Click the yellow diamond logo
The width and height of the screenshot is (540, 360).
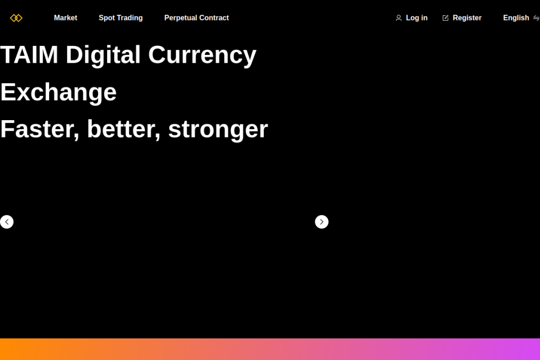(16, 18)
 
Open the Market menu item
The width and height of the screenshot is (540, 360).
(65, 18)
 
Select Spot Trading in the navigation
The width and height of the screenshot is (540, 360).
(121, 18)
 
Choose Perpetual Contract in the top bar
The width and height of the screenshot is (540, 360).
(196, 18)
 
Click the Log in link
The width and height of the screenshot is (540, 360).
(417, 18)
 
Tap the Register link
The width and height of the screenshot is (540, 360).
(467, 18)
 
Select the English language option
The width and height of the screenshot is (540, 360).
(516, 18)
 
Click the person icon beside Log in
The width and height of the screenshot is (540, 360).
(399, 18)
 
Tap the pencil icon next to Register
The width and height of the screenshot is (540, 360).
(445, 18)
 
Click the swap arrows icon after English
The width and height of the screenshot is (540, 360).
(536, 18)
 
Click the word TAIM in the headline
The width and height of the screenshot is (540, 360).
(30, 55)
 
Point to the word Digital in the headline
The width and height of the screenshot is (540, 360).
(103, 55)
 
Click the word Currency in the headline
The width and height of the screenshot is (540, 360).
(202, 56)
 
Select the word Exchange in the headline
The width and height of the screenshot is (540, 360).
(58, 92)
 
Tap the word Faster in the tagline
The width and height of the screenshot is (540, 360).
(40, 130)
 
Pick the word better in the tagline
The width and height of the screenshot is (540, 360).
(123, 130)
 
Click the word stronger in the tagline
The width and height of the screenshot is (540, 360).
(218, 130)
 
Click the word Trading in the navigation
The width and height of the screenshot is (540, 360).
(130, 18)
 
